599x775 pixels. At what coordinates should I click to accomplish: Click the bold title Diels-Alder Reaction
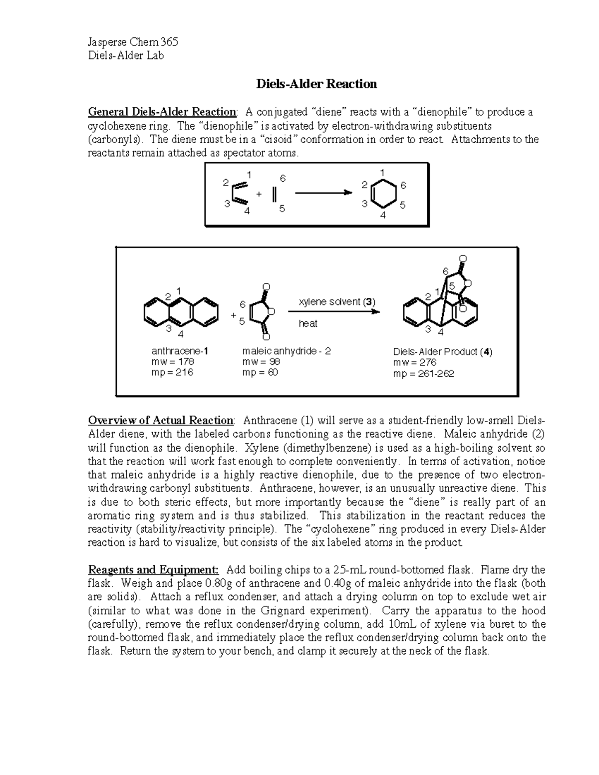pos(316,84)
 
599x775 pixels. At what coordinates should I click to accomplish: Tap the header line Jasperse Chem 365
pos(132,42)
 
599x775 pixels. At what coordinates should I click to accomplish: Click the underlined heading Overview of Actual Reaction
pos(160,420)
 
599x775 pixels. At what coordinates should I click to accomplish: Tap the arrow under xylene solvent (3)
pos(333,312)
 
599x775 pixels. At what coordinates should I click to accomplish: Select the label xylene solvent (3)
pos(336,302)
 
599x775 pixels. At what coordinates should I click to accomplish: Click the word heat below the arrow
pos(308,324)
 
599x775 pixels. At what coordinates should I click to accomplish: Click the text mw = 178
pos(172,362)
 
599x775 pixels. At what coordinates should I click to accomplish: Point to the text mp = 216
pos(172,373)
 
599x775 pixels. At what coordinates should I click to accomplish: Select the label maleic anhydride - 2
pos(286,351)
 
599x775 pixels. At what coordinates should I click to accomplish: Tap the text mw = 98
pos(261,362)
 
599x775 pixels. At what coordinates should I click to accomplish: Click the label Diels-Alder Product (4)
pos(442,352)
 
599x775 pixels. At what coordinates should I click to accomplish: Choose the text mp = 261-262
pos(423,374)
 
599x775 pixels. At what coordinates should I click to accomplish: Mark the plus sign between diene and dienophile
pos(259,194)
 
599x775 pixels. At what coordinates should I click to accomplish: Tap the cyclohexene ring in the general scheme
pos(383,195)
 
